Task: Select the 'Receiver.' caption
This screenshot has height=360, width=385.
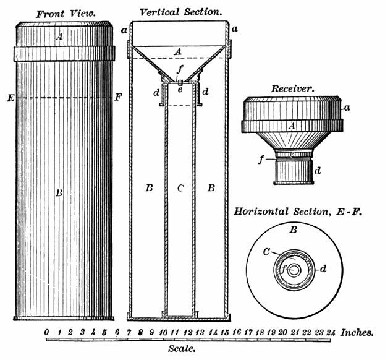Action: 293,89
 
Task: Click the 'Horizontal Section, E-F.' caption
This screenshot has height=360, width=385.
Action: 296,211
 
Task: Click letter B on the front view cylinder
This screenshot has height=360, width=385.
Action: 59,193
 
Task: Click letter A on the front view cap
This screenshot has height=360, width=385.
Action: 59,37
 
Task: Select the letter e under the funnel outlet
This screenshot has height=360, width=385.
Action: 180,90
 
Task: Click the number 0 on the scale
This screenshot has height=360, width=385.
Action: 47,333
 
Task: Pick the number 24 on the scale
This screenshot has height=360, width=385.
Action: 331,333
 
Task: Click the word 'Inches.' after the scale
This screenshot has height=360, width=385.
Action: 357,332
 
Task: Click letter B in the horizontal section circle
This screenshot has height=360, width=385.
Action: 294,229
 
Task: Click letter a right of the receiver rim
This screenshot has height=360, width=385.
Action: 347,108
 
